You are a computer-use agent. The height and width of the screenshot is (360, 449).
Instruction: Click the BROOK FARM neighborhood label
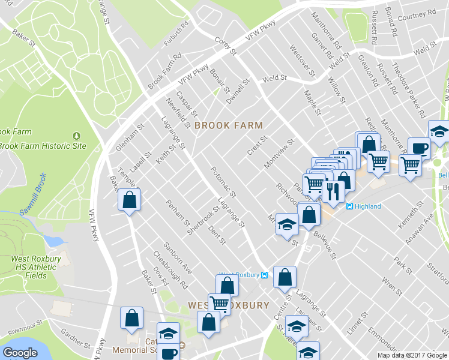pyautogui.click(x=229, y=125)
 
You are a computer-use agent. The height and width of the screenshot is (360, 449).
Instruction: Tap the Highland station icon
pyautogui.click(x=349, y=206)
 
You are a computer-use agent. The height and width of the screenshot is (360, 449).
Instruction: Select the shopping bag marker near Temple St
pyautogui.click(x=129, y=200)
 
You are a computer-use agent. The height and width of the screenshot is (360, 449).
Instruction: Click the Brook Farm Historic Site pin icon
pyautogui.click(x=76, y=136)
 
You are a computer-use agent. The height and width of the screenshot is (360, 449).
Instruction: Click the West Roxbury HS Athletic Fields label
pyautogui.click(x=36, y=267)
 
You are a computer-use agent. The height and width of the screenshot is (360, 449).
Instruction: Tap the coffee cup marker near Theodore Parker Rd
pyautogui.click(x=418, y=148)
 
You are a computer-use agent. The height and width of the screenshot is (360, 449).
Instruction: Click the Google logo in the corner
pyautogui.click(x=20, y=353)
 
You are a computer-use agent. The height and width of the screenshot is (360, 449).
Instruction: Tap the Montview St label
pyautogui.click(x=281, y=153)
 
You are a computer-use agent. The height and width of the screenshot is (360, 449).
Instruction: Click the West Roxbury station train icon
pyautogui.click(x=265, y=275)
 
